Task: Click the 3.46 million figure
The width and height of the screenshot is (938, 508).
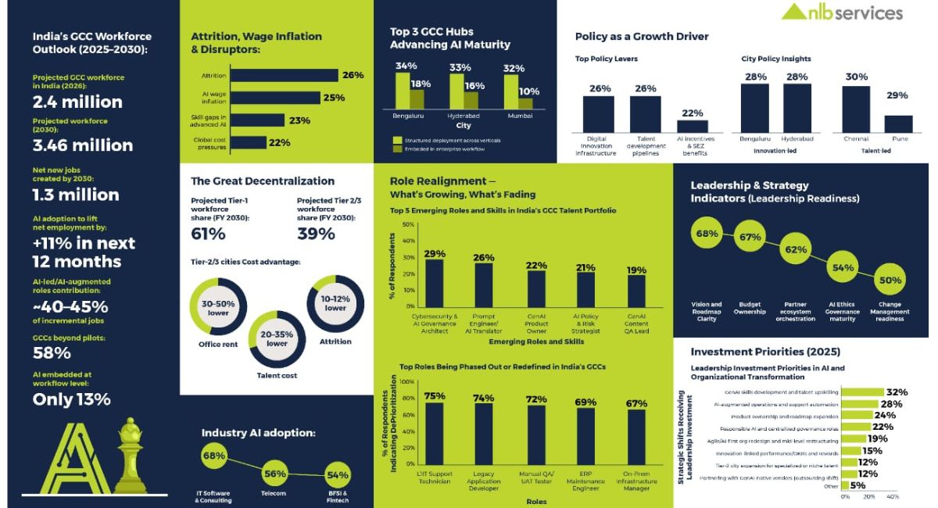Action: click(x=82, y=145)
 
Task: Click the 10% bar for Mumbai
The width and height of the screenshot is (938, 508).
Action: click(x=525, y=103)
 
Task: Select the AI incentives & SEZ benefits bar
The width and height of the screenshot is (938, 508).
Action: click(x=692, y=126)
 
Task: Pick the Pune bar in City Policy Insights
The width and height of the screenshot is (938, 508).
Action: click(x=898, y=124)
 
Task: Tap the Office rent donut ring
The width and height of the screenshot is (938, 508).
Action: click(x=219, y=308)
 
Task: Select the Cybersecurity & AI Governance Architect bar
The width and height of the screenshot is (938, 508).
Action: click(x=434, y=283)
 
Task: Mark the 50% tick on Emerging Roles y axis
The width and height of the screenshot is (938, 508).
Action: click(x=408, y=225)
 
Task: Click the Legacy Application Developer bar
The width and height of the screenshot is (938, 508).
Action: click(x=484, y=438)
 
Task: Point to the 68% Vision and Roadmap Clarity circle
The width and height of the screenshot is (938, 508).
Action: click(x=707, y=234)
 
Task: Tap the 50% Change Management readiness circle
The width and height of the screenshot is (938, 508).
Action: click(x=890, y=280)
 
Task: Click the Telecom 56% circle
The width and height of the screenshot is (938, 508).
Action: click(x=274, y=474)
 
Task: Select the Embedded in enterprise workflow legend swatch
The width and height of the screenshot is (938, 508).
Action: click(x=396, y=148)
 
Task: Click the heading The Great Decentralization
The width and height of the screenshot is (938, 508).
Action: click(x=263, y=181)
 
